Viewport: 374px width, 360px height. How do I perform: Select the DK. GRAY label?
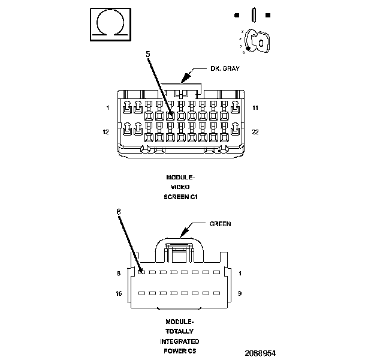pyautogui.click(x=225, y=68)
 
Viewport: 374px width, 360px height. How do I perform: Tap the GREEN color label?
pyautogui.click(x=220, y=224)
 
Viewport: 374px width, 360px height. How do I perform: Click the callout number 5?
pyautogui.click(x=148, y=53)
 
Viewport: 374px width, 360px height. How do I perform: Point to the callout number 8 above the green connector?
pyautogui.click(x=119, y=211)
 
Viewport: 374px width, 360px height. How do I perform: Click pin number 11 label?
pyautogui.click(x=255, y=108)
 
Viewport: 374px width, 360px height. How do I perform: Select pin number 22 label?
pyautogui.click(x=255, y=132)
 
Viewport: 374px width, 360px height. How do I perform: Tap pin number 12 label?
pyautogui.click(x=106, y=132)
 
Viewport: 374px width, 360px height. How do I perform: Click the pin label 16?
pyautogui.click(x=119, y=294)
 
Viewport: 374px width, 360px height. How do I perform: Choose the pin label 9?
pyautogui.click(x=240, y=294)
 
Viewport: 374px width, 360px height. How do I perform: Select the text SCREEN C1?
pyautogui.click(x=181, y=196)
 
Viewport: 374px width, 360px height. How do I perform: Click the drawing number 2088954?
pyautogui.click(x=260, y=353)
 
